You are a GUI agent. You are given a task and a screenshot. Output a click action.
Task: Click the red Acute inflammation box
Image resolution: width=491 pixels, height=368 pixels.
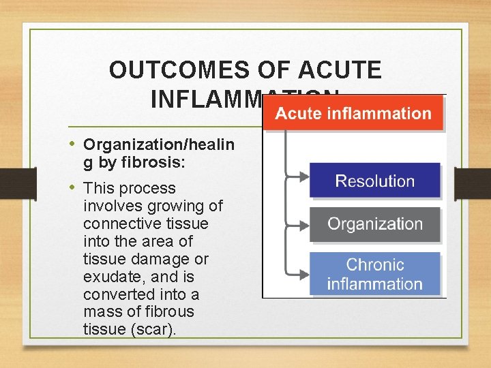(x=353, y=113)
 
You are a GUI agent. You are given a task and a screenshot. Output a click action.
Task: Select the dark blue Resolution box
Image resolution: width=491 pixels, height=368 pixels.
(x=374, y=181)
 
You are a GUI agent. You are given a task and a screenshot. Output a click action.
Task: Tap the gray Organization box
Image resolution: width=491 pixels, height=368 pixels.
(x=374, y=224)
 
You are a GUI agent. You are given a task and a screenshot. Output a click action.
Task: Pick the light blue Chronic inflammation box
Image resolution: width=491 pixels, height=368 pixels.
(x=374, y=274)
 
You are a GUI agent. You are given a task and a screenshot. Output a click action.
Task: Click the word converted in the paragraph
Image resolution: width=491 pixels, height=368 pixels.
(x=115, y=294)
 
